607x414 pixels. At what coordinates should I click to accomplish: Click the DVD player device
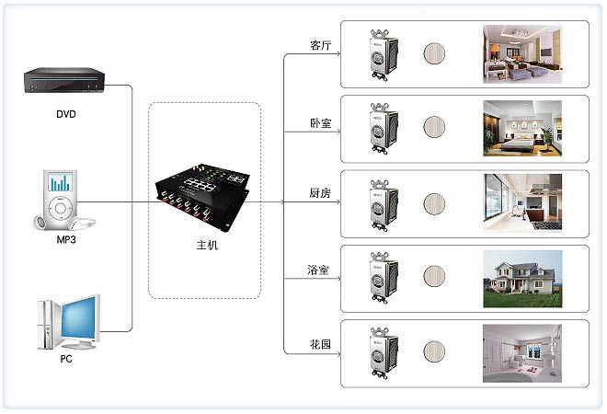64,80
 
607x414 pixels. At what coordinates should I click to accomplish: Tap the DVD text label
66,114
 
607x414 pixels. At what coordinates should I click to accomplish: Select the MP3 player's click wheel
60,208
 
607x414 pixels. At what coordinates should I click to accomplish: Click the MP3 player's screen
60,181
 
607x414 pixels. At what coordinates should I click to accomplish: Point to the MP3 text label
66,240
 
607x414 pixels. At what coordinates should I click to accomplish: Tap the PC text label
66,359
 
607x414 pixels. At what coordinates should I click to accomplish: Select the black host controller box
202,197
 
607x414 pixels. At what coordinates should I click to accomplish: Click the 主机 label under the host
207,246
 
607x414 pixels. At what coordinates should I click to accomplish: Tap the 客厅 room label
321,45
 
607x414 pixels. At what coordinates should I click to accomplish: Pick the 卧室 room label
321,123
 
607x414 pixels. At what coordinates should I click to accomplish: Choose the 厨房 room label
320,193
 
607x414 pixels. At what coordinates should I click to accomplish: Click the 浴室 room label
318,270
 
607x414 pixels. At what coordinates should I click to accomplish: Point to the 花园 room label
320,344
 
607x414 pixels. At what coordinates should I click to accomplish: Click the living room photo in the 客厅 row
522,54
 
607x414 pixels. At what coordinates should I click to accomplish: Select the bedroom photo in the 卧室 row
522,129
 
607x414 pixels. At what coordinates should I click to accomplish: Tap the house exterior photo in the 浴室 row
522,279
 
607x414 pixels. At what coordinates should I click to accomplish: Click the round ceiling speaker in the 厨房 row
434,204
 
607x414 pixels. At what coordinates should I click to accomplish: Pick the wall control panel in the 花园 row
384,352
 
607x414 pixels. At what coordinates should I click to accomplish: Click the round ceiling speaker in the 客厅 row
434,53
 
